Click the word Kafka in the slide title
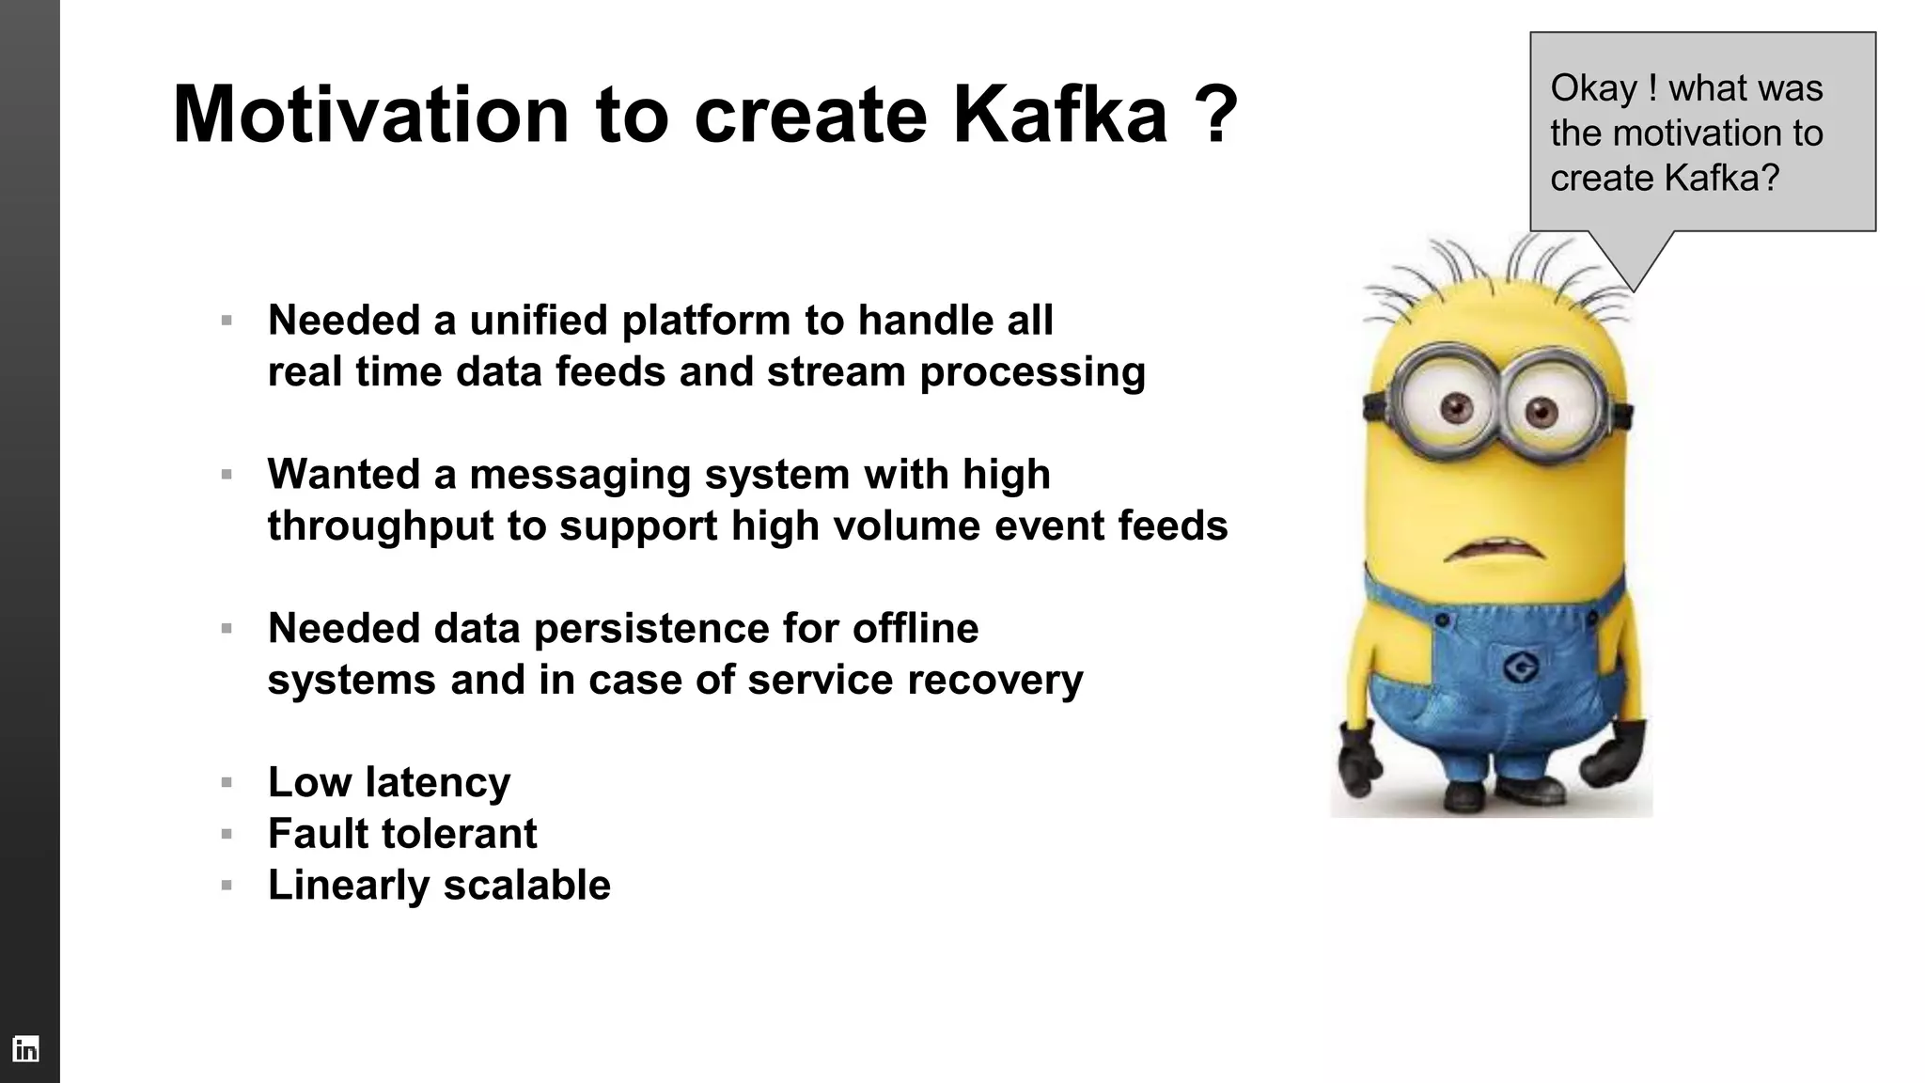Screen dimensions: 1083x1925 [1059, 115]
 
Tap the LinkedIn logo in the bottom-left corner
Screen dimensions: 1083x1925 [25, 1049]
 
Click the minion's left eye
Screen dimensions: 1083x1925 [1455, 407]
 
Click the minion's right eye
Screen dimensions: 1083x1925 [1542, 411]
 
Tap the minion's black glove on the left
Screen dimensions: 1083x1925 [1359, 758]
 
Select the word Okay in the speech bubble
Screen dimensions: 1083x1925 [1593, 88]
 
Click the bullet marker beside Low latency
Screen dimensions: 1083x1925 [227, 782]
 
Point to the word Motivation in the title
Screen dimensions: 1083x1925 [370, 115]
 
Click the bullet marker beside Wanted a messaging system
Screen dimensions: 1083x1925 [227, 475]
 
